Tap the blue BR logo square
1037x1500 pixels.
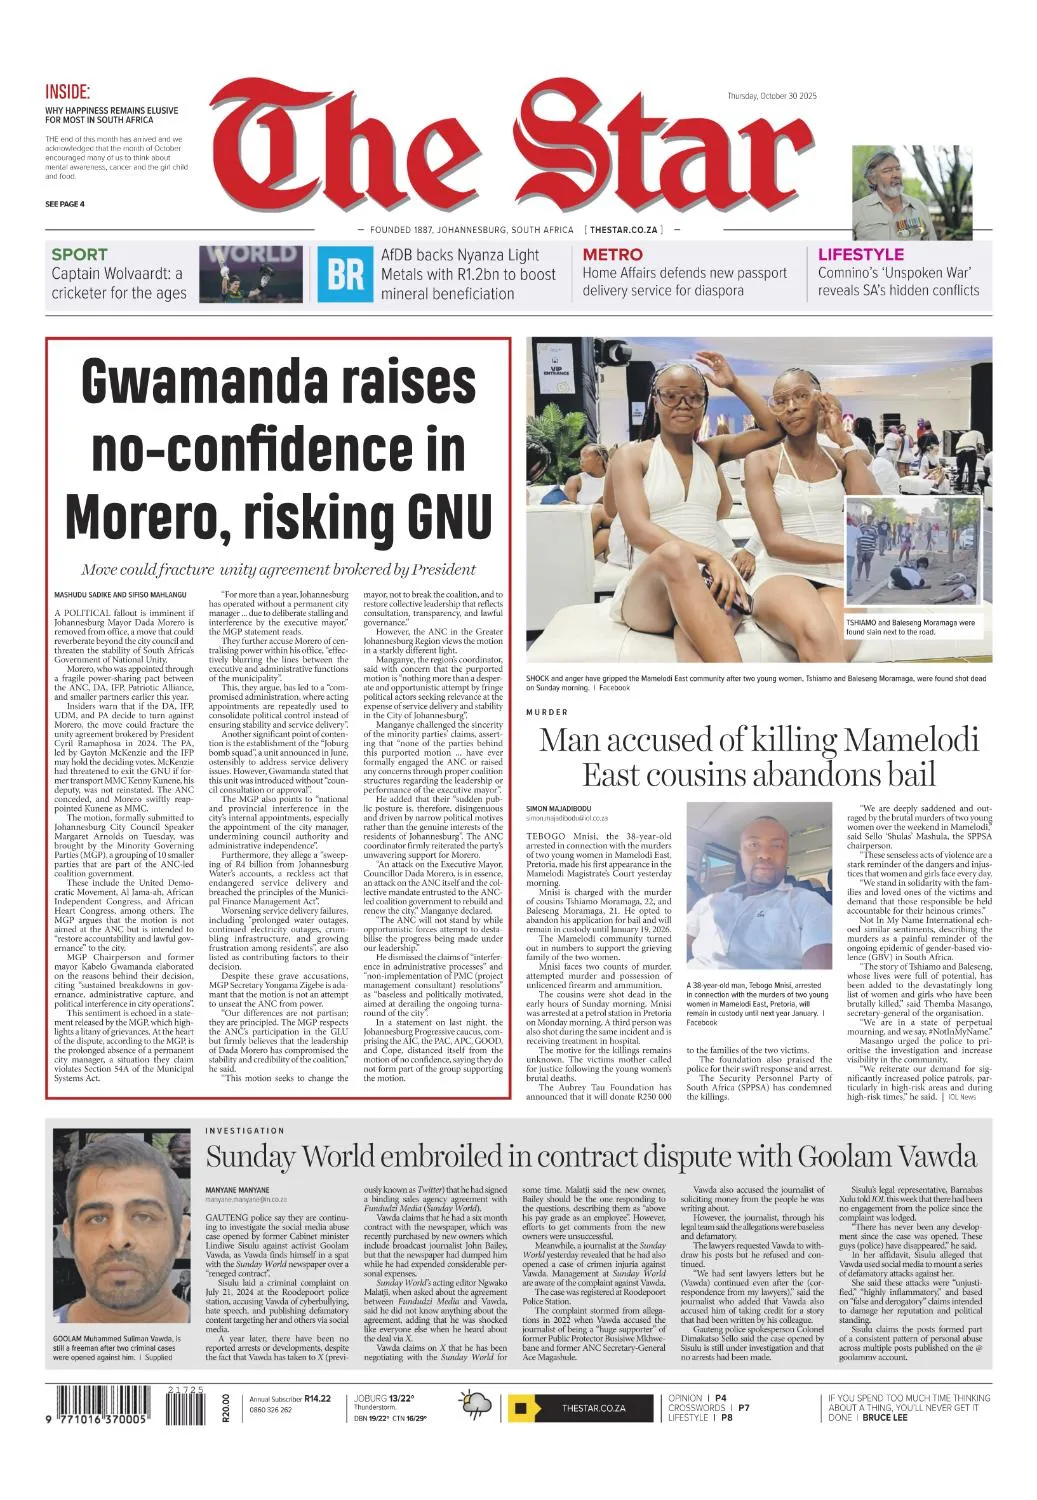tap(345, 273)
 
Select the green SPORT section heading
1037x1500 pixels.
tap(79, 255)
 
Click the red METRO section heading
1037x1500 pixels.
tap(612, 255)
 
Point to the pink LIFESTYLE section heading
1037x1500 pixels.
tap(860, 255)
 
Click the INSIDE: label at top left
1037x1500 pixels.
tap(67, 91)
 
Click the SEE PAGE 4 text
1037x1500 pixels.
tap(65, 204)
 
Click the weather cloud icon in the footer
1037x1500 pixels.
tap(476, 1406)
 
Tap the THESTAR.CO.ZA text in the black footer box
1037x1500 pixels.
tap(593, 1408)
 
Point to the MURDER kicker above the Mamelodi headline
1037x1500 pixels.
tap(547, 712)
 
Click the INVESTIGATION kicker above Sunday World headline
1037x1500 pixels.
tap(245, 1130)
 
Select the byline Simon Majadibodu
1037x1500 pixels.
tap(558, 807)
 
